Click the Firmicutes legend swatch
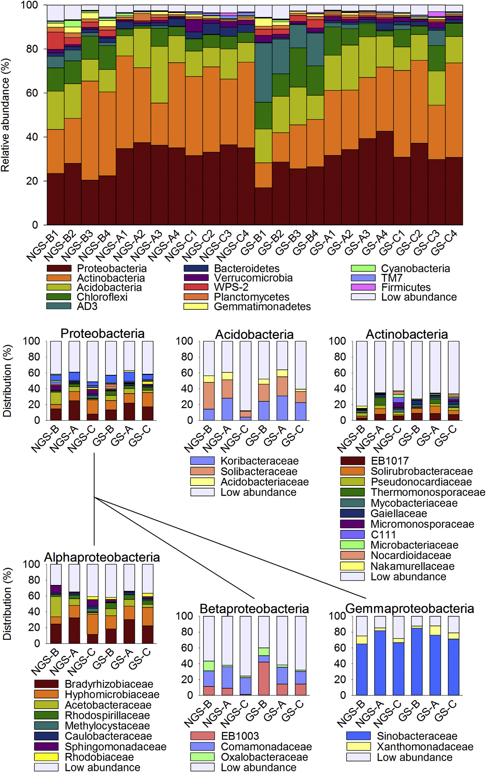point(363,287)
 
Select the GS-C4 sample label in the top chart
point(444,243)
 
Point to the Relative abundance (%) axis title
point(5,115)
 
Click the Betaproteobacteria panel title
point(254,608)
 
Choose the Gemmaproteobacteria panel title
point(409,608)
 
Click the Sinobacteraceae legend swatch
point(358,736)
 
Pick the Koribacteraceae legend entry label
point(259,461)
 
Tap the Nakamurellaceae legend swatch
point(352,566)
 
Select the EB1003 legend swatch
point(202,736)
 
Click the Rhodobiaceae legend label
point(99,757)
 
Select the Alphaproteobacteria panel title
point(102,557)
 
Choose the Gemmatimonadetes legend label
point(262,306)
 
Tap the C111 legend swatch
point(352,534)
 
